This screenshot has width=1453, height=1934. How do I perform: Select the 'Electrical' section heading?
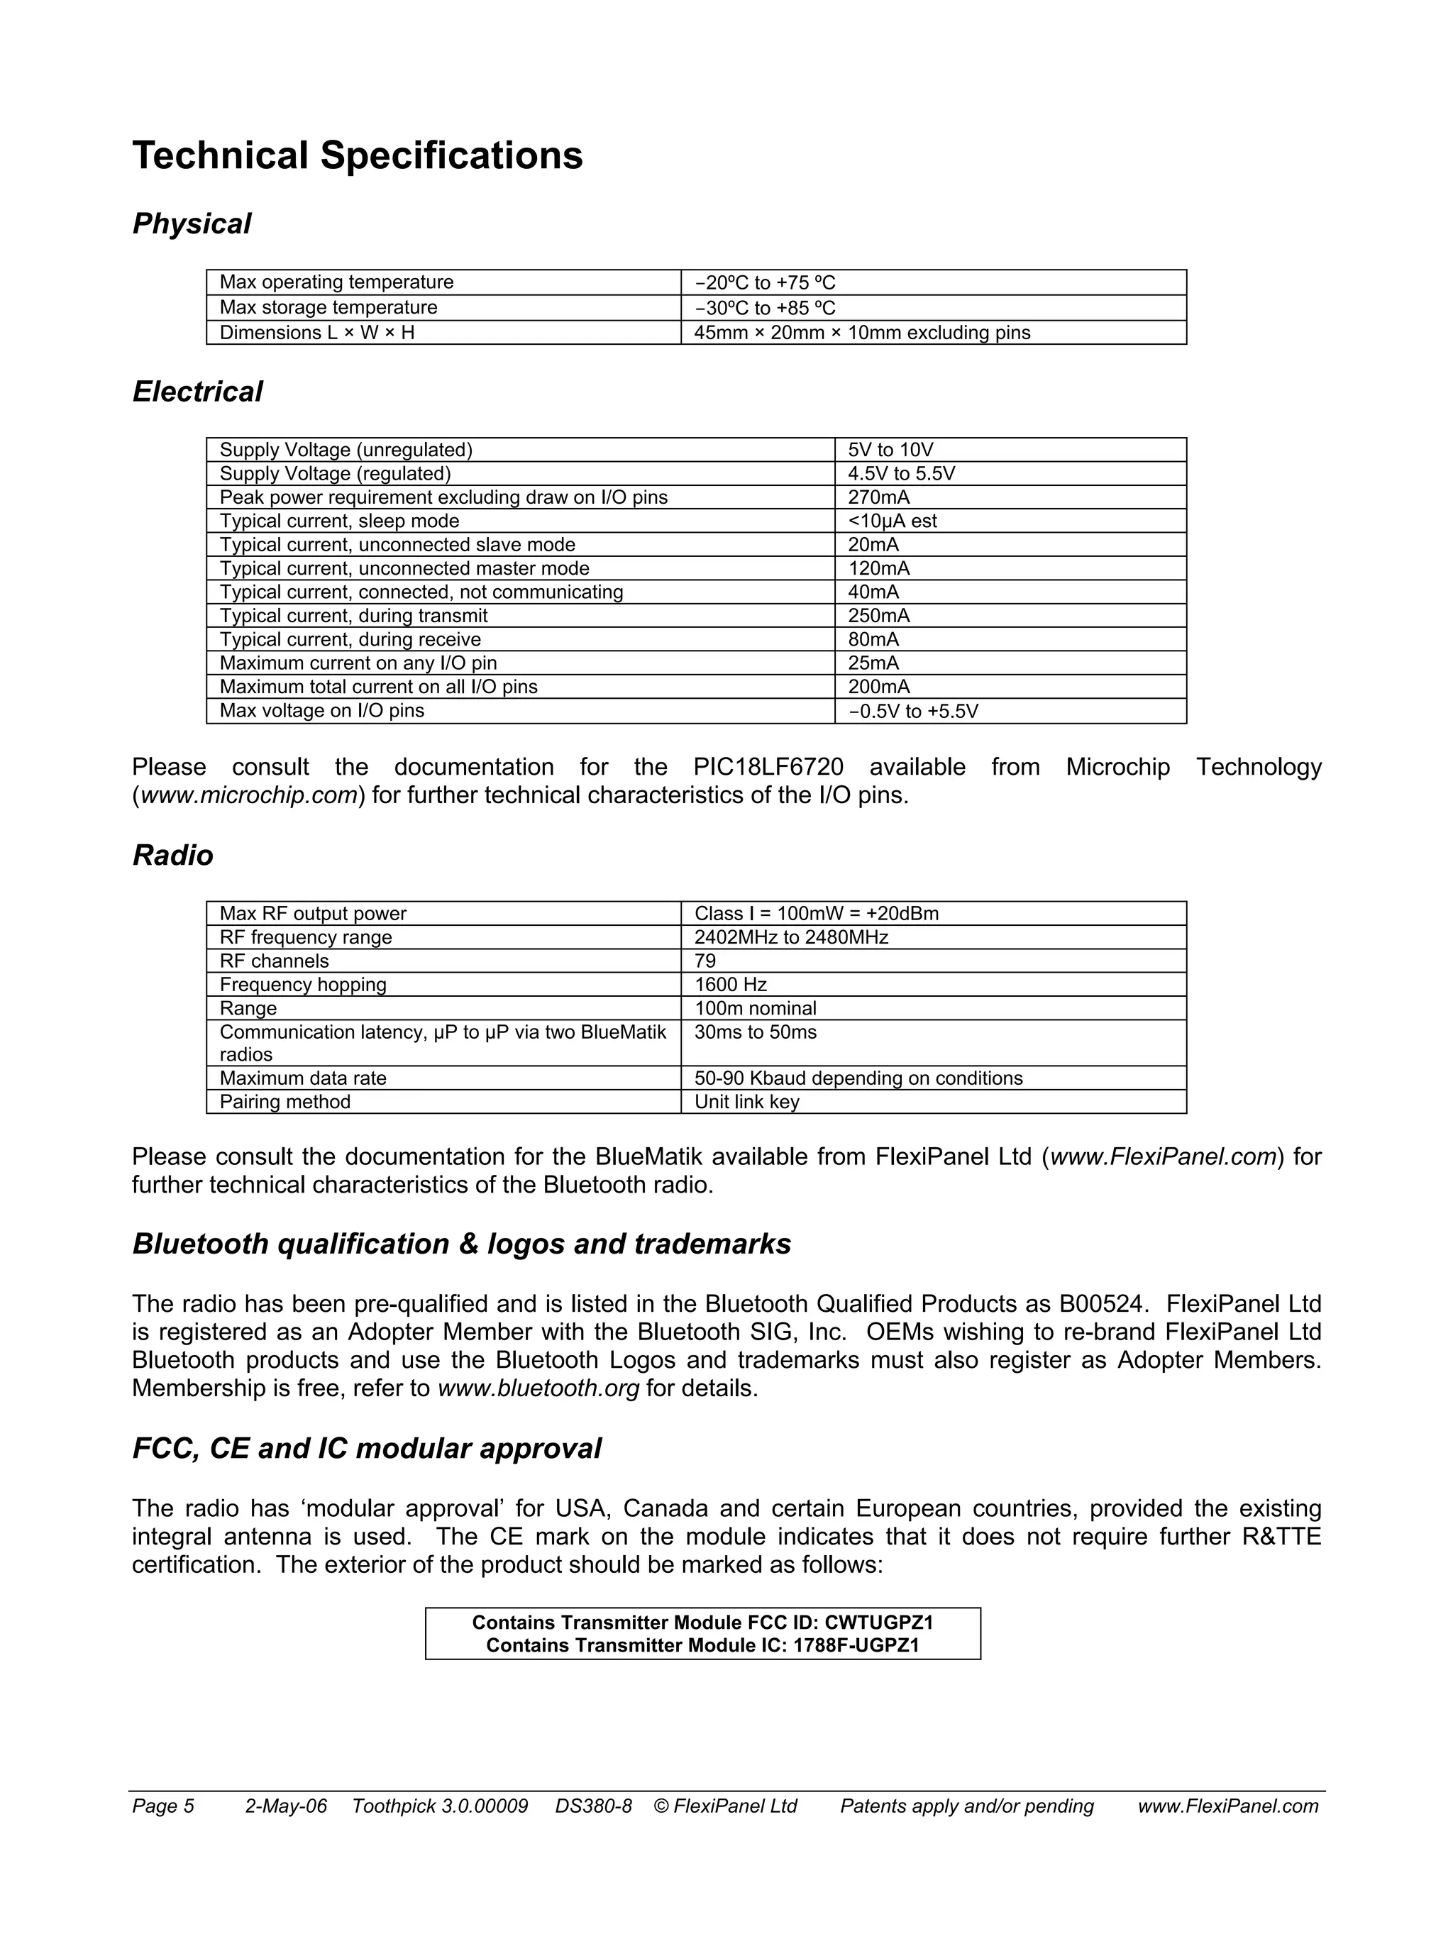tap(197, 392)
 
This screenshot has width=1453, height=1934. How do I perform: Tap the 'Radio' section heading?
tap(172, 855)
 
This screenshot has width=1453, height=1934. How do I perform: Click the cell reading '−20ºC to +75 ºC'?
tap(764, 282)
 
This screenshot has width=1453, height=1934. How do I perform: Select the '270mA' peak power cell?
tap(878, 497)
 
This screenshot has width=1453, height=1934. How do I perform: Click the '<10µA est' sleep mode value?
tap(892, 521)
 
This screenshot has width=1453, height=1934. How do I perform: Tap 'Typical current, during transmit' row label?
tap(353, 616)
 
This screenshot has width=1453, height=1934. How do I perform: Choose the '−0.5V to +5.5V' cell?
tap(912, 711)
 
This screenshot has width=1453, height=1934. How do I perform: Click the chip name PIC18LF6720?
tap(768, 768)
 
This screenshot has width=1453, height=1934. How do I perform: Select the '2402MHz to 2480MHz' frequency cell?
tap(790, 937)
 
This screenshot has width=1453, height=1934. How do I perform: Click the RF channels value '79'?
tap(705, 961)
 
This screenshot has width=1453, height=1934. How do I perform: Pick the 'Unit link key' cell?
tap(746, 1102)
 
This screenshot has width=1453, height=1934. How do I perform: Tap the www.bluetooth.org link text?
tap(538, 1388)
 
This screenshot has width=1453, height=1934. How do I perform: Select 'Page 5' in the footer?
tap(162, 1806)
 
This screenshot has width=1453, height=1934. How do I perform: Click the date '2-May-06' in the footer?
tap(286, 1806)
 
